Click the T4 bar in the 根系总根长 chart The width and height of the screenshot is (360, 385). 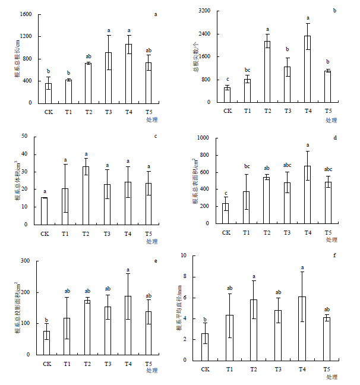pos(129,74)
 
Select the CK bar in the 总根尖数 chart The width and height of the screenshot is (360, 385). pos(227,95)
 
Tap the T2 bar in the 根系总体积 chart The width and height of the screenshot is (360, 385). pos(86,195)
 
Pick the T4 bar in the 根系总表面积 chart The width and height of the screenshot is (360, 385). pos(308,195)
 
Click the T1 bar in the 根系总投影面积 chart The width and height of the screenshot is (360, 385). pos(67,336)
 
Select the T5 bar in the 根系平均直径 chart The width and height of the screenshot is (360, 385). pos(327,339)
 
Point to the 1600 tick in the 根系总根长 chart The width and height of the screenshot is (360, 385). pos(26,14)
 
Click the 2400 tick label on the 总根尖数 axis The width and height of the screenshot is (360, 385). pos(205,34)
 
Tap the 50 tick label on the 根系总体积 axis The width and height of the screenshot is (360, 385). pos(24,136)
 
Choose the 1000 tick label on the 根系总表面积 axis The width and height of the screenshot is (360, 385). pos(203,138)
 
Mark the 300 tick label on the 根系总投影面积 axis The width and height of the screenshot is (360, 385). pos(26,260)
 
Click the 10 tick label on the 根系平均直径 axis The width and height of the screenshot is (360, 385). pos(184,255)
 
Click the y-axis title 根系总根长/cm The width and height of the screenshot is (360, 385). pos(17,59)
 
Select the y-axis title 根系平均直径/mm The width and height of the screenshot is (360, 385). pos(179,308)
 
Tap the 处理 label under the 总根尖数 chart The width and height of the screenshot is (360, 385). pos(331,120)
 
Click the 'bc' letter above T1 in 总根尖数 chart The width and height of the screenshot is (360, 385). pos(247,70)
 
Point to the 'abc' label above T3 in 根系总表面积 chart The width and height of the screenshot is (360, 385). pos(287,165)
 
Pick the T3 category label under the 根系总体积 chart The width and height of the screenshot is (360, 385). pos(107,233)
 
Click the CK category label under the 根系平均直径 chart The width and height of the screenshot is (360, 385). pos(206,370)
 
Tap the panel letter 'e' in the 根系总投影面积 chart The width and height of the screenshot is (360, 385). pos(156,261)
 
